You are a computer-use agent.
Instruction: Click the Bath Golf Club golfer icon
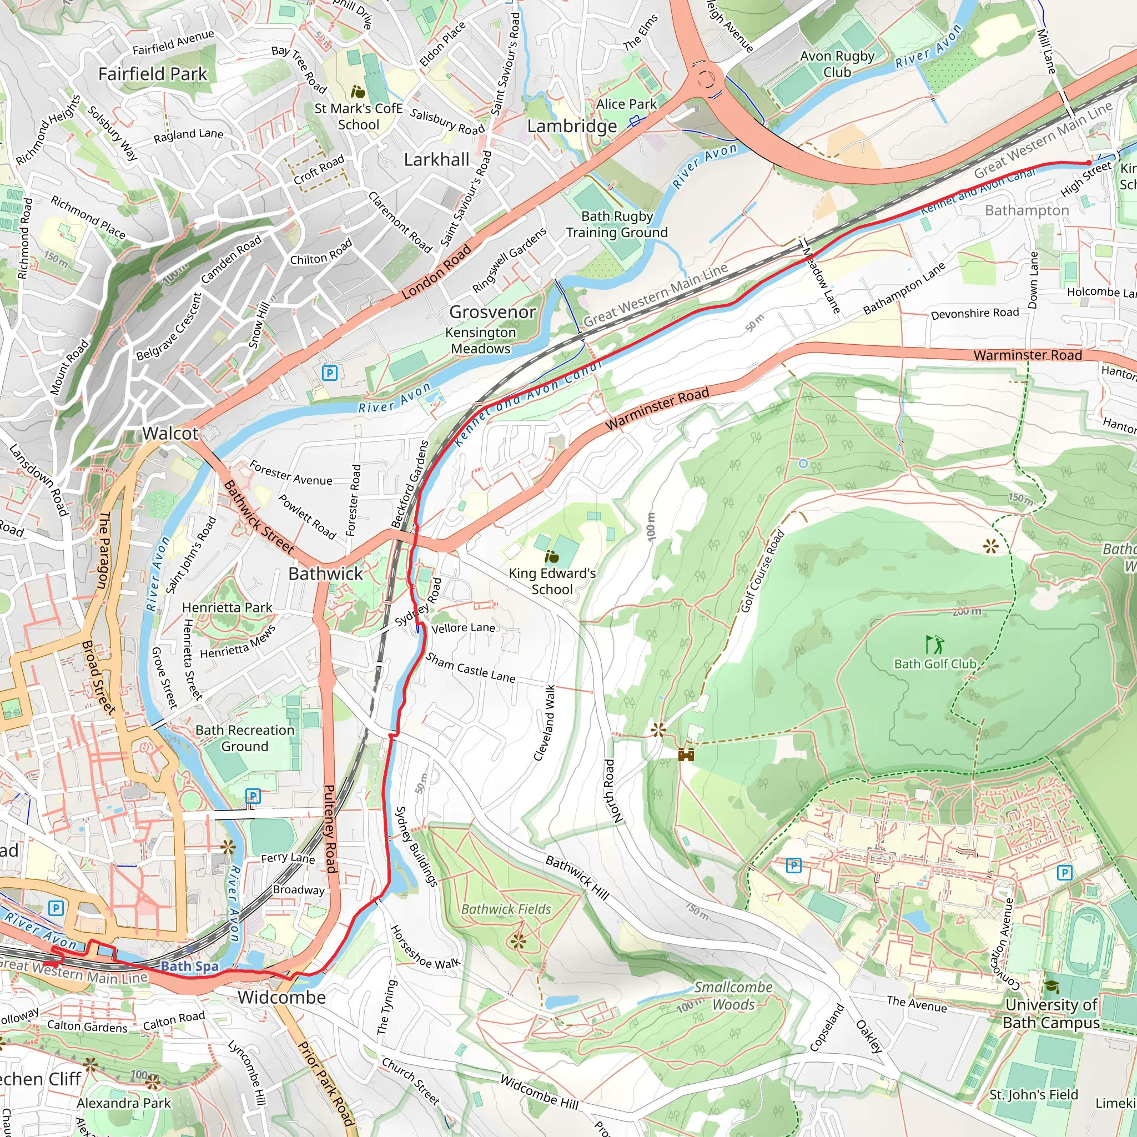pyautogui.click(x=934, y=645)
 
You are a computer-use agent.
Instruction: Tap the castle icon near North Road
pyautogui.click(x=686, y=754)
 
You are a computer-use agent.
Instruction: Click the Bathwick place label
pyautogui.click(x=325, y=574)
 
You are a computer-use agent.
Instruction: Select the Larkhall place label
pyautogui.click(x=437, y=160)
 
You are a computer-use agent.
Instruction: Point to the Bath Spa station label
pyautogui.click(x=189, y=967)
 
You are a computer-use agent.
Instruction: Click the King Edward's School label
pyautogui.click(x=552, y=581)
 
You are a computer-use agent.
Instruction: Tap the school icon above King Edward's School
pyautogui.click(x=551, y=556)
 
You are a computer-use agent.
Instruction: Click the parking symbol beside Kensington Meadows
pyautogui.click(x=330, y=373)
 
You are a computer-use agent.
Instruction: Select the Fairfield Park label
pyautogui.click(x=153, y=74)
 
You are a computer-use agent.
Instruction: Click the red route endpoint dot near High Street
pyautogui.click(x=1088, y=163)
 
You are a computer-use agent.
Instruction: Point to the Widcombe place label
pyautogui.click(x=282, y=998)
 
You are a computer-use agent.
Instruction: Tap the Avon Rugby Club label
pyautogui.click(x=837, y=64)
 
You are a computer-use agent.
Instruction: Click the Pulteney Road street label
pyautogui.click(x=330, y=829)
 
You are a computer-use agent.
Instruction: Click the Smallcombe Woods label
pyautogui.click(x=733, y=996)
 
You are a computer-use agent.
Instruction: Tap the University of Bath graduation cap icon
pyautogui.click(x=1051, y=987)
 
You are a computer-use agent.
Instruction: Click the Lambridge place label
pyautogui.click(x=571, y=126)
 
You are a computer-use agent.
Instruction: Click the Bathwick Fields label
pyautogui.click(x=506, y=909)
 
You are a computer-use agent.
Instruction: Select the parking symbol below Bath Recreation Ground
pyautogui.click(x=253, y=797)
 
